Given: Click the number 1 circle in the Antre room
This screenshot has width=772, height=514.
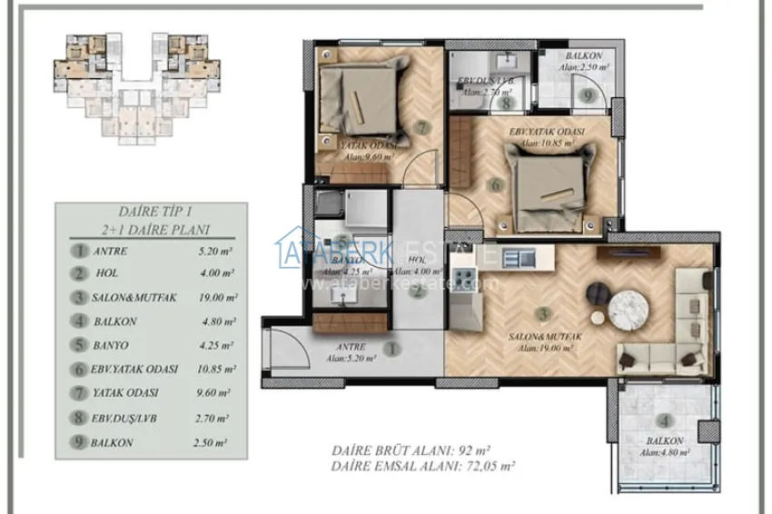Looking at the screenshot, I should point(392,348).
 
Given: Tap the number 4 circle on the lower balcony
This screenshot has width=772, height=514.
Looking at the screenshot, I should point(666,421).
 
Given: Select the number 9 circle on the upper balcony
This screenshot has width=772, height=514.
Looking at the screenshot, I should point(588,94).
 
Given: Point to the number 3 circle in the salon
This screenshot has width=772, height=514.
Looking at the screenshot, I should point(543,314).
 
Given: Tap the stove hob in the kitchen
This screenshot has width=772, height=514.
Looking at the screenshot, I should point(463,278).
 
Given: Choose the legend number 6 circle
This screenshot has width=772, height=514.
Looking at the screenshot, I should point(81,370).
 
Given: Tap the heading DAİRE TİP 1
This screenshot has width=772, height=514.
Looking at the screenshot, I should point(150,211).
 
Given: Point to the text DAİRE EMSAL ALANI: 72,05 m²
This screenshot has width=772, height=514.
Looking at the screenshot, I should point(423,466).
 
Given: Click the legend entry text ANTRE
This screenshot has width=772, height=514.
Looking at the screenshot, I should point(110,251).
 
